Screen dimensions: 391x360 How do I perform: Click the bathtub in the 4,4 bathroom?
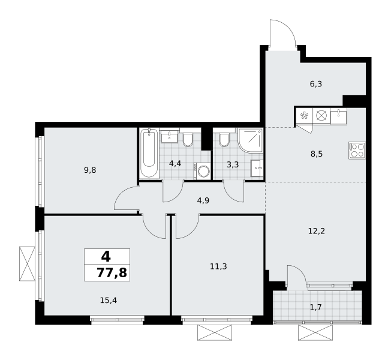pos(149,153)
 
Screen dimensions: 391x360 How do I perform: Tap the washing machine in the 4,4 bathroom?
pos(202,171)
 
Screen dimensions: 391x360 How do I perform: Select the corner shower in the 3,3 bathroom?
pos(250,140)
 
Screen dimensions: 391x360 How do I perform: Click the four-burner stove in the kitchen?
pos(357,150)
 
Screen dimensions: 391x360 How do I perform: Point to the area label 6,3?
pos(316,84)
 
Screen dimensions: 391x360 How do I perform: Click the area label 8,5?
pos(317,154)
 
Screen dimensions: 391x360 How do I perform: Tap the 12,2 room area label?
pos(317,231)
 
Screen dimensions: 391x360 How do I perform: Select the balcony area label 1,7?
pos(315,307)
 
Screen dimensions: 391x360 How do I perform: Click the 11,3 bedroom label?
pos(218,266)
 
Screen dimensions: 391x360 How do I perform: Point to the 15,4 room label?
pos(108,301)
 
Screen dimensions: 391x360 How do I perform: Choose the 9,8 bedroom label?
pos(90,170)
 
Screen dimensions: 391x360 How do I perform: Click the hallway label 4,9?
pos(203,200)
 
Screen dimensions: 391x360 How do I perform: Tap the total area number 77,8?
pos(112,272)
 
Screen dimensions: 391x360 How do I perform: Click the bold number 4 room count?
pos(106,256)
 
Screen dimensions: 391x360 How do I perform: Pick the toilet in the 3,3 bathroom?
pos(224,140)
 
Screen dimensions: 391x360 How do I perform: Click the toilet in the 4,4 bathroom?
pos(188,140)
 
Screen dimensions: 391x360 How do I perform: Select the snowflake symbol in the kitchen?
pos(304,116)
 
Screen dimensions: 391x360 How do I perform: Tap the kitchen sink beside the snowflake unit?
pos(338,116)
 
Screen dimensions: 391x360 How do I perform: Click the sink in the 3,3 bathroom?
pos(257,169)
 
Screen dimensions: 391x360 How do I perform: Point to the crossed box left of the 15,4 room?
pos(28,263)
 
